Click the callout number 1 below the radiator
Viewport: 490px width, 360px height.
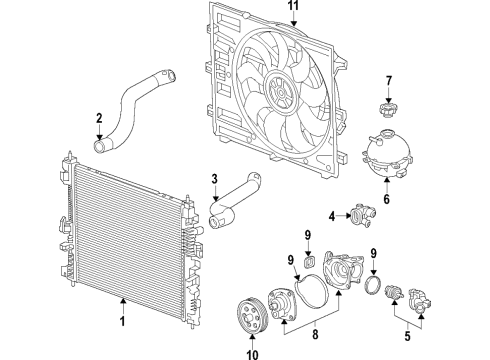pyautogui.click(x=122, y=322)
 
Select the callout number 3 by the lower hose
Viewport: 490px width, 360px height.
pyautogui.click(x=213, y=180)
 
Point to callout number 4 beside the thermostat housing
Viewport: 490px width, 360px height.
pyautogui.click(x=331, y=215)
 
